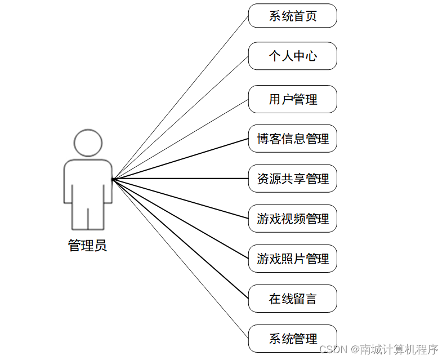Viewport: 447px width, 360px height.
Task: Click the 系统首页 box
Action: pos(292,16)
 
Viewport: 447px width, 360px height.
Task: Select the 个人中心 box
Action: pos(292,56)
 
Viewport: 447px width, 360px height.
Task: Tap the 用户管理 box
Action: pos(292,99)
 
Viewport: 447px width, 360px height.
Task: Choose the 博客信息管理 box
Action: pos(292,139)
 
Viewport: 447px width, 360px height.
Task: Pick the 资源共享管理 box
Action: pos(292,179)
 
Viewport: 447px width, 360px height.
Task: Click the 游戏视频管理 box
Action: pos(292,219)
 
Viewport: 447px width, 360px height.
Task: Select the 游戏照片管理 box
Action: pos(292,259)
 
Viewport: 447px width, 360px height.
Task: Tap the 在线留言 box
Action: pos(292,299)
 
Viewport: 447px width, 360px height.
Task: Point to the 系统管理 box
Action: pos(292,339)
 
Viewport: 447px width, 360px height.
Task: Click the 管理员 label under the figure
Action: pos(87,246)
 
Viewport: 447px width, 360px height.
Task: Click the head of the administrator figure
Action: pos(88,143)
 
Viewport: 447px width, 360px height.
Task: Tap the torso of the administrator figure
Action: pos(88,180)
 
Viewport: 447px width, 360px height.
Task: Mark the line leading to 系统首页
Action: pos(180,97)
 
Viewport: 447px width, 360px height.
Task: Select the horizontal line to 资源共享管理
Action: pos(180,179)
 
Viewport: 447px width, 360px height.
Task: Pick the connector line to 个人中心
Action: pos(180,117)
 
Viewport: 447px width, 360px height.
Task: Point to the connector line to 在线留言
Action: pos(180,239)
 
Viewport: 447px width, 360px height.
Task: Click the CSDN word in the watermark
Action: pos(332,349)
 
